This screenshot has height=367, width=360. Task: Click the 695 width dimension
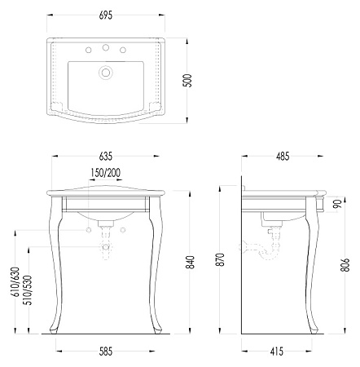point(106,15)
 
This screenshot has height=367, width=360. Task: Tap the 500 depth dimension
point(187,81)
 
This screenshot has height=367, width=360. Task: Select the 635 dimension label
point(106,157)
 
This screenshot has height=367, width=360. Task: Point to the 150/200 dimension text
point(106,173)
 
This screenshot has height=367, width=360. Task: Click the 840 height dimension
point(191,263)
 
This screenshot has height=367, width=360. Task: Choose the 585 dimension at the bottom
point(106,352)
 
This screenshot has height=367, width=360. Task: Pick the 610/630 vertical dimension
point(16,282)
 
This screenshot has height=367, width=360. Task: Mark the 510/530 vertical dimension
point(29,290)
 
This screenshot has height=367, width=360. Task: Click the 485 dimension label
point(283,157)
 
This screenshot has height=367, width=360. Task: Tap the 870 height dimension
point(222,259)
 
